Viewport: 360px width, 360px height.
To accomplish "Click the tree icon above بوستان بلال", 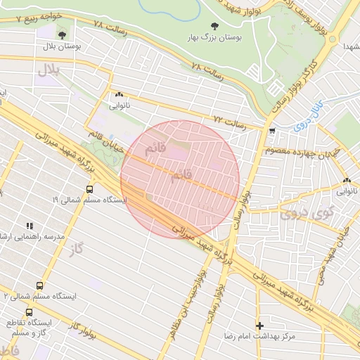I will coord(62,34).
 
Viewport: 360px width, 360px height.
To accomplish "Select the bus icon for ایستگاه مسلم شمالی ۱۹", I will coord(89,189).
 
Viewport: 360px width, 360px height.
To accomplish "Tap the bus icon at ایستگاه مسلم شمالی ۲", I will coord(39,286).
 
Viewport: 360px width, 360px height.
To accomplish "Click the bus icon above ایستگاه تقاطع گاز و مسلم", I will coord(29,312).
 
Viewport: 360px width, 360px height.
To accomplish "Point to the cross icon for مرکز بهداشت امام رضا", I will coord(261,326).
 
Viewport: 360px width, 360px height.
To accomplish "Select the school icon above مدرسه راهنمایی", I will coord(30,225).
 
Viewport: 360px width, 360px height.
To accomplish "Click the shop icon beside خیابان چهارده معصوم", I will coord(271,131).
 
